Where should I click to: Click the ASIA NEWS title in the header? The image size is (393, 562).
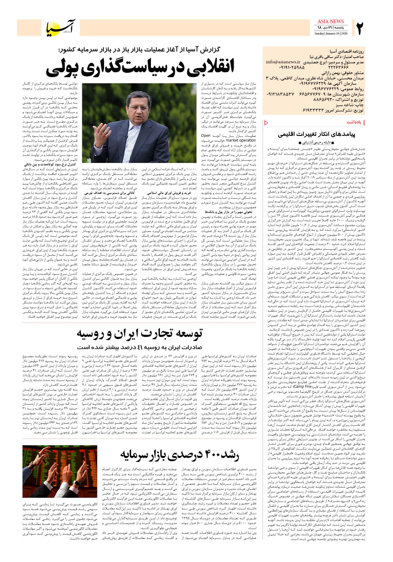[331, 21]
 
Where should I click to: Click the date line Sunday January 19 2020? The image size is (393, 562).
[331, 34]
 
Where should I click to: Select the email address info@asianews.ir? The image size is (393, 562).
[283, 62]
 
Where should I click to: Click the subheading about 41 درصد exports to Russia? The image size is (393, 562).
[140, 347]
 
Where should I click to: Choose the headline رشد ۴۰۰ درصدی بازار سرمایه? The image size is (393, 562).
[179, 454]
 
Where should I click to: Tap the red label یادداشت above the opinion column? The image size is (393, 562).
[354, 122]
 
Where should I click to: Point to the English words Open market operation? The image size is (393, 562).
[228, 138]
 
